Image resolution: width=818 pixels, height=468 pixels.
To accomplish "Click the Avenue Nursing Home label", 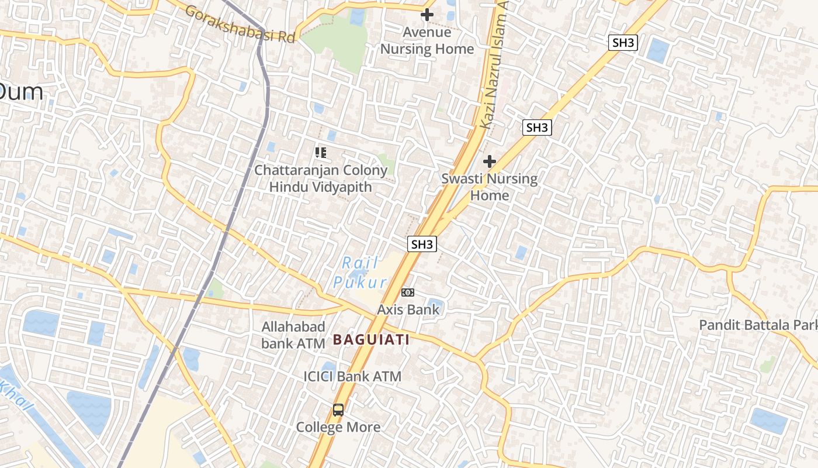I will pyautogui.click(x=427, y=41).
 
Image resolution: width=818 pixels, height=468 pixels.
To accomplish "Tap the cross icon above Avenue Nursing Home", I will pyautogui.click(x=427, y=15).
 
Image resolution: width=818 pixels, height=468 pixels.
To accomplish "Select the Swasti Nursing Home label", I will pyautogui.click(x=490, y=187).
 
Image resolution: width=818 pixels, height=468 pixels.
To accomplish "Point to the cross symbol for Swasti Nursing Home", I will pyautogui.click(x=490, y=161).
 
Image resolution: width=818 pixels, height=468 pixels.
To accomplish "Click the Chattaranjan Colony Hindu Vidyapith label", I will pyautogui.click(x=321, y=178).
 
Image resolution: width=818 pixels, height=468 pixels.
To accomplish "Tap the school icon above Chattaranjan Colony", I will pyautogui.click(x=320, y=153).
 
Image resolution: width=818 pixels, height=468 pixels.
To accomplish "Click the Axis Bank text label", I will pyautogui.click(x=408, y=309).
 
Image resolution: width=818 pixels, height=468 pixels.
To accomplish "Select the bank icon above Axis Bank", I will pyautogui.click(x=408, y=292).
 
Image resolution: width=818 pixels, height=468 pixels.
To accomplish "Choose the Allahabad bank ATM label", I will pyautogui.click(x=293, y=335).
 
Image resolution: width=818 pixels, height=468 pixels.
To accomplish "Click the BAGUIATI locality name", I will pyautogui.click(x=371, y=339).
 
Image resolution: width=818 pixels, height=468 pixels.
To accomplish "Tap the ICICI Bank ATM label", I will pyautogui.click(x=352, y=376).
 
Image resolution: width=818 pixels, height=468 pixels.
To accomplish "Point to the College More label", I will pyautogui.click(x=338, y=427).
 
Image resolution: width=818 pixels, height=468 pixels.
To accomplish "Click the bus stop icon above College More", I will pyautogui.click(x=338, y=409).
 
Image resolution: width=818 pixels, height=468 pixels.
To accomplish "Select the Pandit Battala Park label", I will pyautogui.click(x=758, y=325).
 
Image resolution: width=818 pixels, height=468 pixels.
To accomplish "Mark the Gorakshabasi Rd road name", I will pyautogui.click(x=240, y=24).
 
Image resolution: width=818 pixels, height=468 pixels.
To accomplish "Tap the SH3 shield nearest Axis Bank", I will pyautogui.click(x=422, y=244).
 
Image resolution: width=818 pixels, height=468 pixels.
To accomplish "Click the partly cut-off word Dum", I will pyautogui.click(x=21, y=92).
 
